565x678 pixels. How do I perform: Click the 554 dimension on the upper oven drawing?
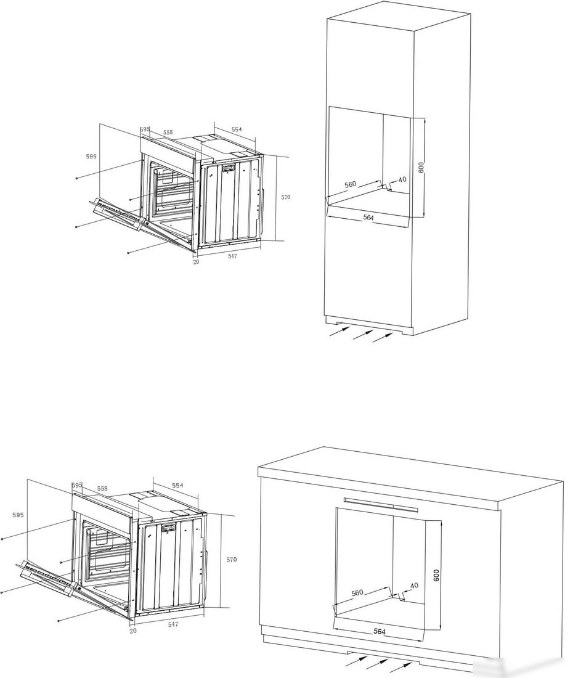click(x=237, y=129)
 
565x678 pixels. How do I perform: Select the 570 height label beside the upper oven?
click(x=286, y=197)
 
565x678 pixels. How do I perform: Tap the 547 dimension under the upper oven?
click(x=232, y=256)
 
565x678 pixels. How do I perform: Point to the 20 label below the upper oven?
click(x=197, y=262)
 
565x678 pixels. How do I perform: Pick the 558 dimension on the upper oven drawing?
click(x=168, y=132)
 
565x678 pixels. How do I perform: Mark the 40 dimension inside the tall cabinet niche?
click(x=402, y=179)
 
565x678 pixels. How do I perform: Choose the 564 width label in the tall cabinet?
click(x=368, y=218)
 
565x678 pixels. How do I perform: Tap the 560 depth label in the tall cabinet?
click(x=350, y=184)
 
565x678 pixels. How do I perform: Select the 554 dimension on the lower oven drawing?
click(x=177, y=485)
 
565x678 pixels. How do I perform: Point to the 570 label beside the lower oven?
click(x=232, y=560)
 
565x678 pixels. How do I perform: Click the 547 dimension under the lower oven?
click(x=173, y=624)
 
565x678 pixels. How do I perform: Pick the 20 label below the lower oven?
click(x=133, y=631)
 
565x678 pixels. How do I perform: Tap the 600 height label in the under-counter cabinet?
click(x=436, y=575)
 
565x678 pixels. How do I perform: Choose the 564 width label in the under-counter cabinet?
click(x=379, y=632)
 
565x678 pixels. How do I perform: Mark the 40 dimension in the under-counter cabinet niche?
click(x=414, y=586)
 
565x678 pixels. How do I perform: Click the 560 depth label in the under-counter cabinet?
click(x=357, y=592)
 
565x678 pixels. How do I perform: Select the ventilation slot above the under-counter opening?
click(x=381, y=504)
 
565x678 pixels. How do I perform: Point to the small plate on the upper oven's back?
click(x=228, y=169)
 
